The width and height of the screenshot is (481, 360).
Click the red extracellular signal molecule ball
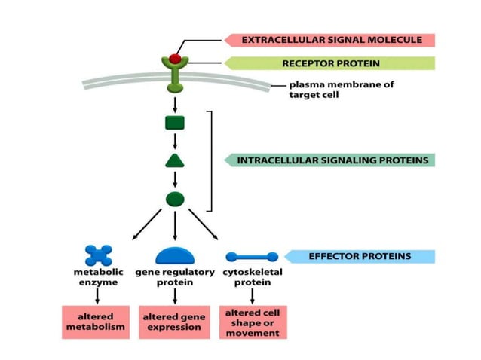coord(175,58)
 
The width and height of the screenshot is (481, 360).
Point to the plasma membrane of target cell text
coord(341,90)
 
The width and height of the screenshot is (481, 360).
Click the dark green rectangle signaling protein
coord(175,123)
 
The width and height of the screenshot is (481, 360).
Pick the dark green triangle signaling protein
coord(175,160)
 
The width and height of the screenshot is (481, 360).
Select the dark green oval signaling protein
coord(175,199)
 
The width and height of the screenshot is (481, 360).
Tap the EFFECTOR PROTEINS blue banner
coord(359,256)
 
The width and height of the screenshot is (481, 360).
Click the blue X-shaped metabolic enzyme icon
coord(98,255)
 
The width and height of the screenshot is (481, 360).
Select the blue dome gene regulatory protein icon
coord(175,256)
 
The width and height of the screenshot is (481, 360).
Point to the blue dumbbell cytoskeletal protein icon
coord(252,257)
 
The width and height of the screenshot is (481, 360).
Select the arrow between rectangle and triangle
coord(175,142)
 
